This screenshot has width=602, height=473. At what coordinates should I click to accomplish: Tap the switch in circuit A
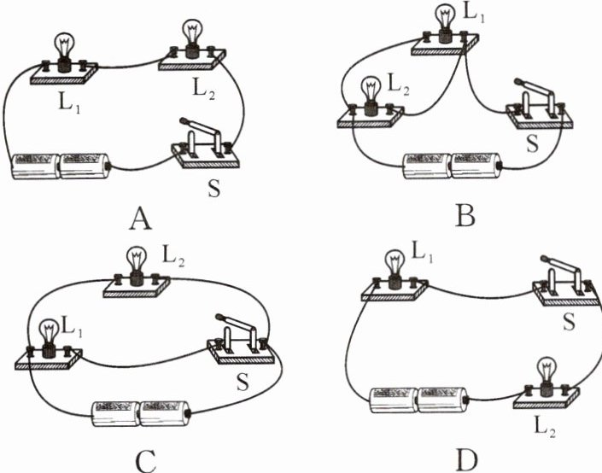coord(206,142)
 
